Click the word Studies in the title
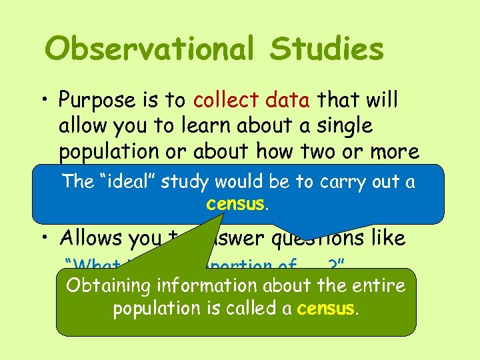(x=327, y=49)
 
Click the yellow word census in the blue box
(x=235, y=203)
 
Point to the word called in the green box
(x=256, y=309)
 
